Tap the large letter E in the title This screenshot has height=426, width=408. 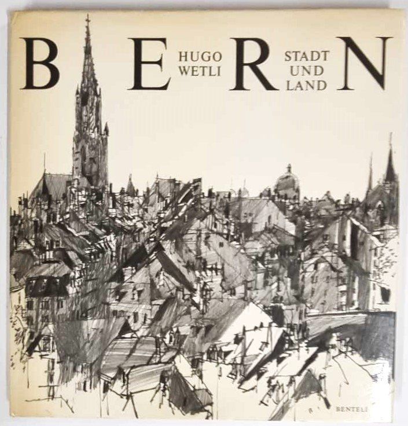pyautogui.click(x=149, y=64)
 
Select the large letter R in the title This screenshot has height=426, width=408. pyautogui.click(x=253, y=64)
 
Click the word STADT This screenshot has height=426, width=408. pyautogui.click(x=306, y=57)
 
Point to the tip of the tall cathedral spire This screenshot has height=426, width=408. pyautogui.click(x=88, y=17)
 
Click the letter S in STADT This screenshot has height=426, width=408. pyautogui.click(x=288, y=57)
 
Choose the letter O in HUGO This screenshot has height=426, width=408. pyautogui.click(x=215, y=57)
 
